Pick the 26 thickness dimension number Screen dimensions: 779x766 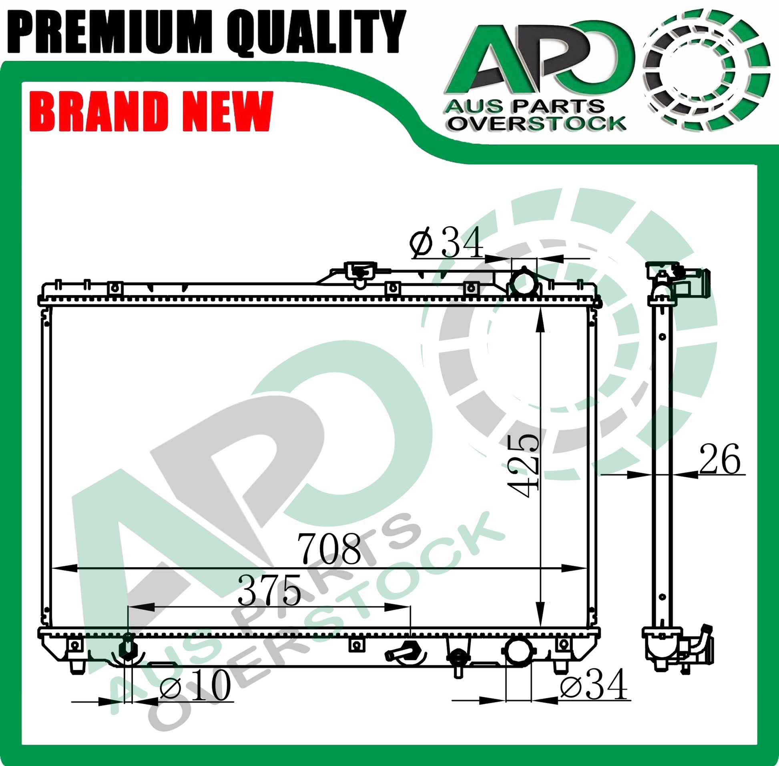click(x=720, y=460)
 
